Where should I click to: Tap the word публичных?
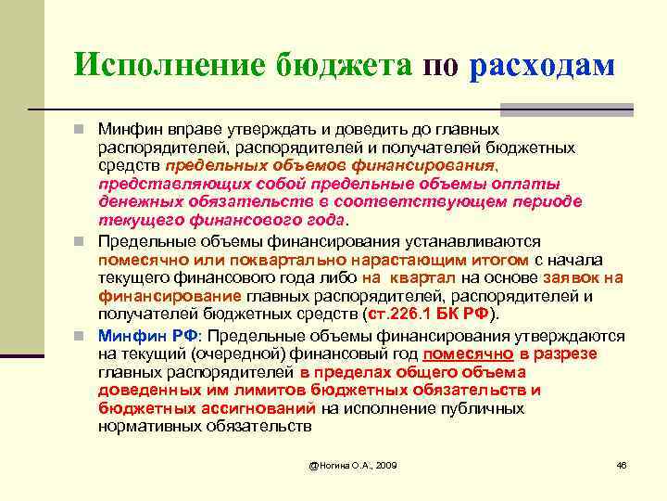tap(487, 409)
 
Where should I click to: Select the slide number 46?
tap(622, 464)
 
